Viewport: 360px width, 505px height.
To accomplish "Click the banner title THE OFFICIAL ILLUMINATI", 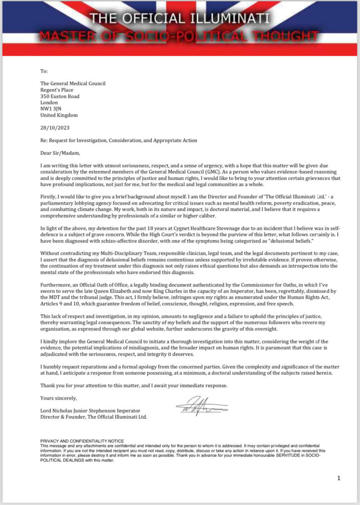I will coord(180,19).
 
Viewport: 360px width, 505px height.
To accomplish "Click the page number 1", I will coord(339,478).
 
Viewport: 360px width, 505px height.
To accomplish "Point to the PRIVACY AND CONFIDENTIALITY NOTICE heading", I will coord(82,440).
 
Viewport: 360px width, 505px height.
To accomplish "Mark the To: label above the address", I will coord(44,72).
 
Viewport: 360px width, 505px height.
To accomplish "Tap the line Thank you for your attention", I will coord(134,385).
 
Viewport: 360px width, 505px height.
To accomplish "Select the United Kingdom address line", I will coord(59,115).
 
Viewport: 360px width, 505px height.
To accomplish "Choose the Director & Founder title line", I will coord(93,417).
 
